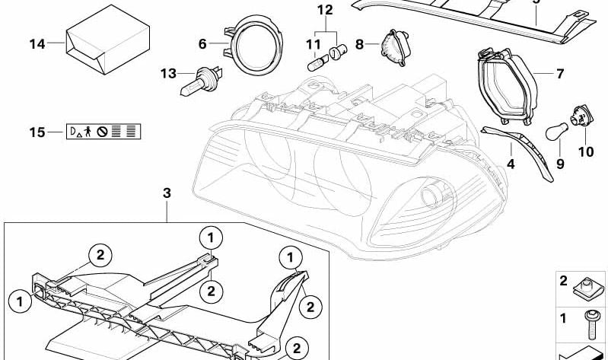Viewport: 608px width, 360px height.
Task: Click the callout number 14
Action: click(x=37, y=43)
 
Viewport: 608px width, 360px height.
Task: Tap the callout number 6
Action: click(x=202, y=44)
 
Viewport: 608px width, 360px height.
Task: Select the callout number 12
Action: click(x=325, y=10)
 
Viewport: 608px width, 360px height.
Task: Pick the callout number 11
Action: click(x=313, y=44)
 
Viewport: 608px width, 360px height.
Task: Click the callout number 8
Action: click(x=361, y=43)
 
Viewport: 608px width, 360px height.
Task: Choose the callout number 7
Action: click(x=559, y=74)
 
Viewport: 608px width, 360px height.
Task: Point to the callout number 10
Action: click(x=585, y=151)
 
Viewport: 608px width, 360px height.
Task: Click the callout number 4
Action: click(x=511, y=163)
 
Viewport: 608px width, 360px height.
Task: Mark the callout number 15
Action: click(x=37, y=132)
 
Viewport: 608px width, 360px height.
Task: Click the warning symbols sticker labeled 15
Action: click(x=103, y=132)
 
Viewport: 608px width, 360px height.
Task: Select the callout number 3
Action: click(x=167, y=193)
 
